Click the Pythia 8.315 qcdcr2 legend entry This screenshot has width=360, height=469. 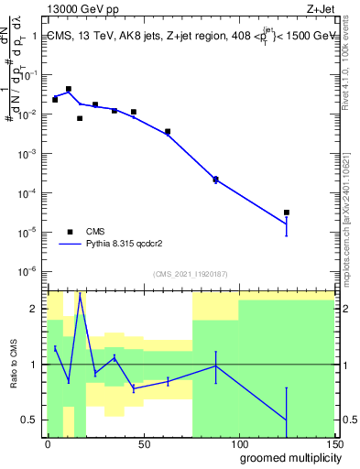[118, 245]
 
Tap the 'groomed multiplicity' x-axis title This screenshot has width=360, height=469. [287, 457]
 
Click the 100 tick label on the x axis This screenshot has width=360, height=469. [239, 444]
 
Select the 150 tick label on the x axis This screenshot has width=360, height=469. [334, 444]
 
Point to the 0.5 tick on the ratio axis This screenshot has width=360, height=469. [32, 420]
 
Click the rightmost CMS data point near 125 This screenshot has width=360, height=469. [287, 213]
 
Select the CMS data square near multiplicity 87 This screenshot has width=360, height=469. [215, 180]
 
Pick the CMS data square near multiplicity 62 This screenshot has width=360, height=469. [168, 132]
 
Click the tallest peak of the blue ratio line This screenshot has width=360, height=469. [80, 295]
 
